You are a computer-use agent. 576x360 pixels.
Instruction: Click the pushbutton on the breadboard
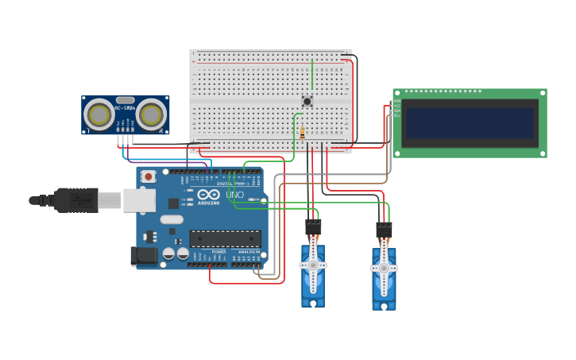[307, 101]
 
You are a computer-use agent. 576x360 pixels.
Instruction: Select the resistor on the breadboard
[302, 134]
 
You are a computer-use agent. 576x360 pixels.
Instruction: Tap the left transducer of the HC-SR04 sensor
[100, 114]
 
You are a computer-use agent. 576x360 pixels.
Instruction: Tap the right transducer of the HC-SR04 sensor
[151, 114]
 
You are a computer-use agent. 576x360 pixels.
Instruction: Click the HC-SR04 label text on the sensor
[125, 107]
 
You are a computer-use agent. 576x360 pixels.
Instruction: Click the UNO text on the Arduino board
[234, 195]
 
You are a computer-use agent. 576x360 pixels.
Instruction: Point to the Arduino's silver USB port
[139, 200]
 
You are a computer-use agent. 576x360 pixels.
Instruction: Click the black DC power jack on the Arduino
[143, 255]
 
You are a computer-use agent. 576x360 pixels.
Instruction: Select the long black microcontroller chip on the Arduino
[225, 238]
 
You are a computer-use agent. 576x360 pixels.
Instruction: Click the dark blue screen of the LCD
[468, 122]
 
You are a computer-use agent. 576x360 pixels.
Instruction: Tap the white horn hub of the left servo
[313, 265]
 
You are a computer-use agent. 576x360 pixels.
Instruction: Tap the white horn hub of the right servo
[384, 268]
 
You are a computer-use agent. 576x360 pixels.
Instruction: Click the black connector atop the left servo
[313, 227]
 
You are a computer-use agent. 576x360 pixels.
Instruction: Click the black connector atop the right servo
[384, 230]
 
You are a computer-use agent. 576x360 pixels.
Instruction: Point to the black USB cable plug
[76, 200]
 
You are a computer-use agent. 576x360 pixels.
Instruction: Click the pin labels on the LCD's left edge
[396, 108]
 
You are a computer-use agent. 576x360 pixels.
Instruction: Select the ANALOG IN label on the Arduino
[249, 252]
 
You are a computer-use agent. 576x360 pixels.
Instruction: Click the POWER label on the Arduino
[218, 252]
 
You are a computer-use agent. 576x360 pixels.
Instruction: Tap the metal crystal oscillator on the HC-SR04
[125, 100]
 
